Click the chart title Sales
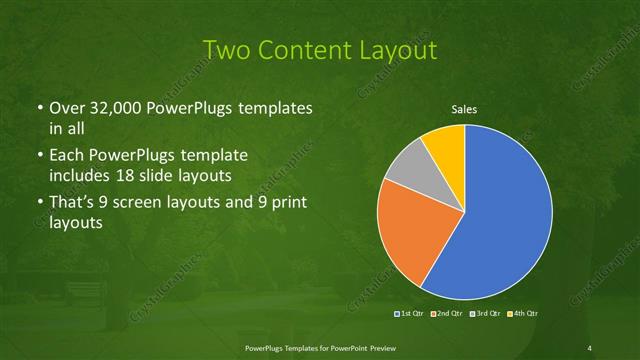(x=464, y=109)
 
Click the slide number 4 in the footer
(x=590, y=347)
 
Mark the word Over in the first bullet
(x=66, y=107)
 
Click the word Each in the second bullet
(x=66, y=156)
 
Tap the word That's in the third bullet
(x=73, y=203)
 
